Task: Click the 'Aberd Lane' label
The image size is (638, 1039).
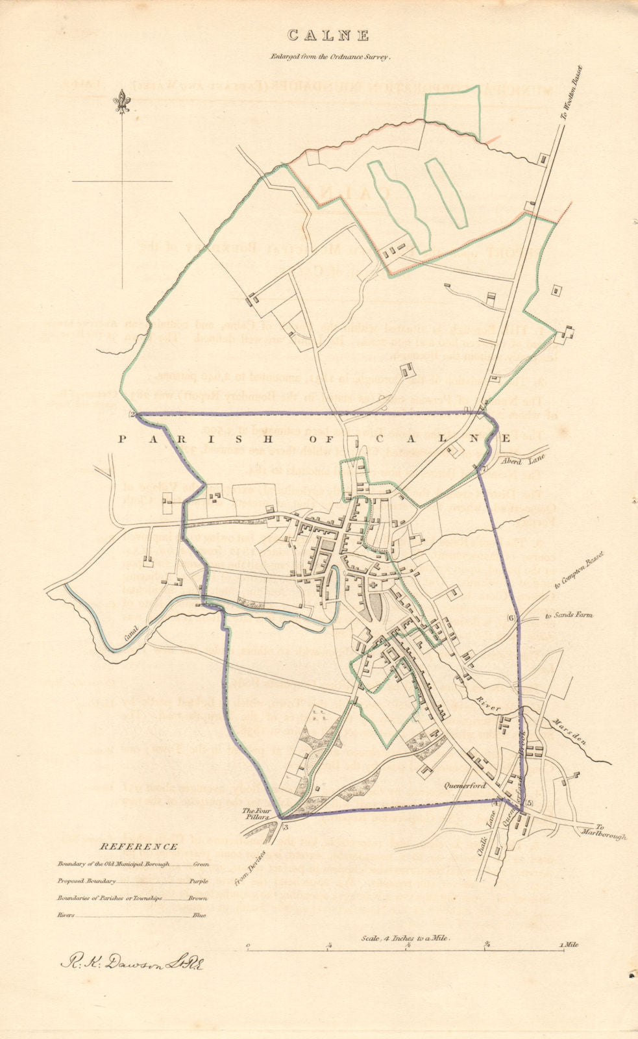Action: click(522, 460)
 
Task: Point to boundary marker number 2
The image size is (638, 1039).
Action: click(131, 415)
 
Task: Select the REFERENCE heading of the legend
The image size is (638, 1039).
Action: click(138, 847)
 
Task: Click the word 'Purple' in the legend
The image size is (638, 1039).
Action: click(199, 882)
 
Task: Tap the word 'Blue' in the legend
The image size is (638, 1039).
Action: click(199, 916)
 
